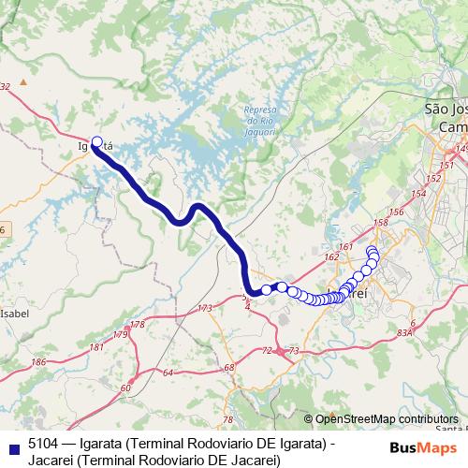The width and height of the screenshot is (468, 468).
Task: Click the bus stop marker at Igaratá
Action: (96, 142)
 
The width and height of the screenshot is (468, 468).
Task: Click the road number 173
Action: (205, 308)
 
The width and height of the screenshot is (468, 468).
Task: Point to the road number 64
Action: (168, 373)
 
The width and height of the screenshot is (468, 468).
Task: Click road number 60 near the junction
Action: (125, 388)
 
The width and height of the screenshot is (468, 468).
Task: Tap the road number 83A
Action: (404, 332)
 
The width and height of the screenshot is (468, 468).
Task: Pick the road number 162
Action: (332, 256)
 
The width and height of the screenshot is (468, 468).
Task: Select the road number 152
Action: (432, 178)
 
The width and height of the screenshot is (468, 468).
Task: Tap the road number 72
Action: (267, 351)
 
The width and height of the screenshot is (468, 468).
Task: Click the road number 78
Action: (227, 419)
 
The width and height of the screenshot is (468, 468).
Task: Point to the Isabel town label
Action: (15, 314)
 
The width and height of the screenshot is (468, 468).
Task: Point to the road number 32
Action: (5, 86)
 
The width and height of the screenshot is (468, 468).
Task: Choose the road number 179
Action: (119, 334)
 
